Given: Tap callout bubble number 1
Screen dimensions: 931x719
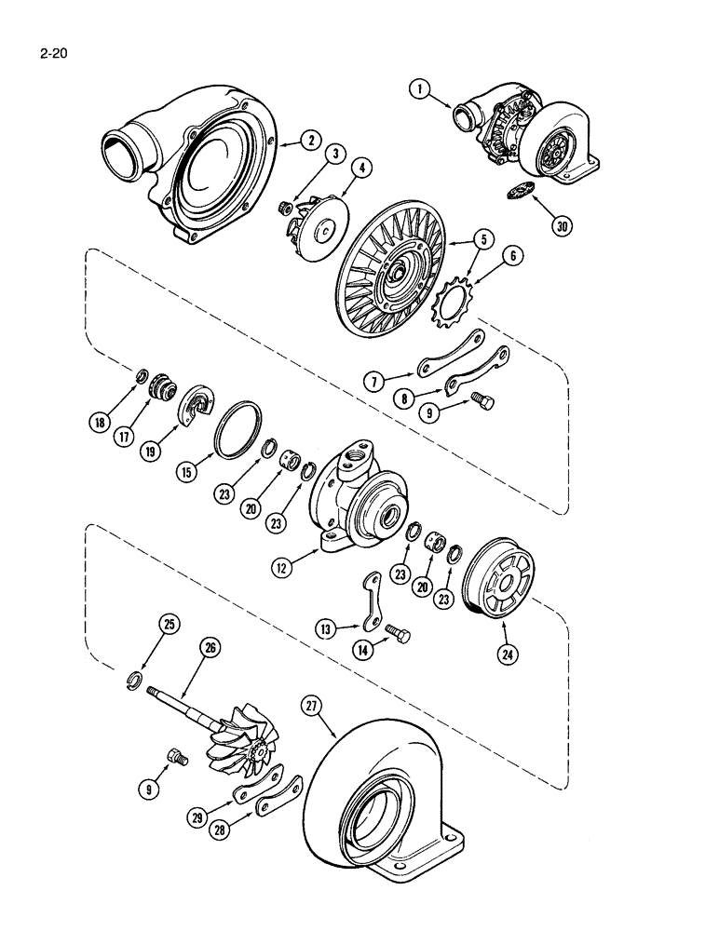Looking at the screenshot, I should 421,89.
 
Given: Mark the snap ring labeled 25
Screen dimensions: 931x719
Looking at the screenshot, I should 135,680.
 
